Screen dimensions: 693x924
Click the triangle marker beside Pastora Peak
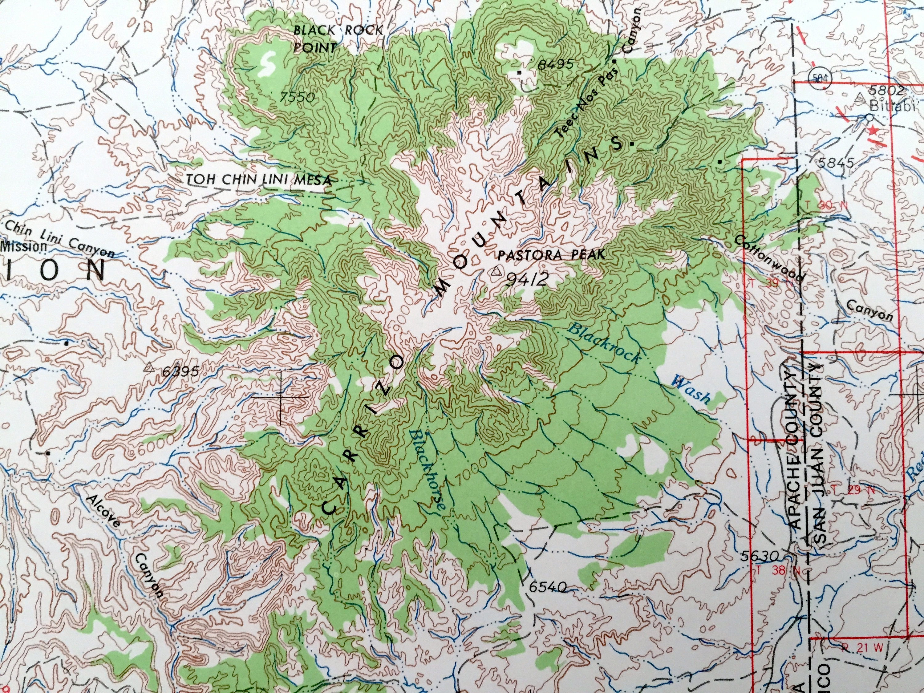point(496,272)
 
